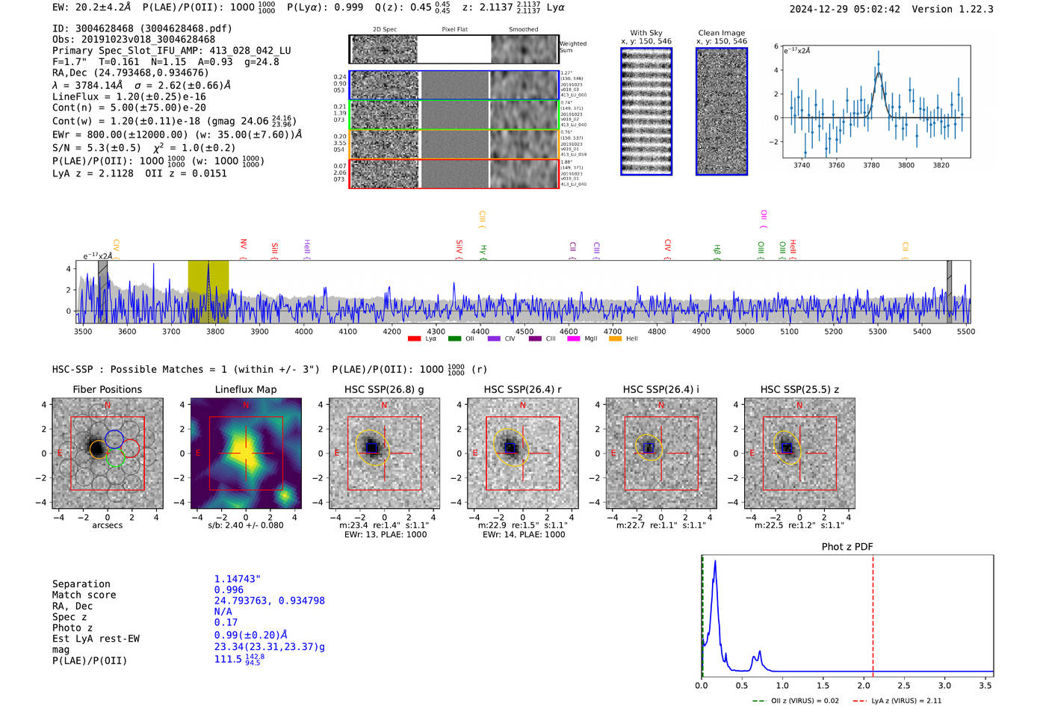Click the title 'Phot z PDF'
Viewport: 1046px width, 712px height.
point(847,546)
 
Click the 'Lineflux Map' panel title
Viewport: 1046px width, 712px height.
point(245,389)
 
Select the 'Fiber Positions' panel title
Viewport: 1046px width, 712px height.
point(107,389)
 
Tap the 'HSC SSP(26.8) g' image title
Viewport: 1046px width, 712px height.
point(383,389)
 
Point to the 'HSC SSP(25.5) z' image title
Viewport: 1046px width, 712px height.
point(799,389)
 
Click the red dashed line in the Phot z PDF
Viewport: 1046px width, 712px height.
point(872,613)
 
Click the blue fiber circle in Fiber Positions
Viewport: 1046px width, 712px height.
point(114,439)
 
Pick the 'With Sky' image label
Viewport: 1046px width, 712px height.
point(646,33)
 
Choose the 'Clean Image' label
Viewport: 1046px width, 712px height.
point(721,33)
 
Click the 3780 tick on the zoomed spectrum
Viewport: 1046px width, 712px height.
point(871,165)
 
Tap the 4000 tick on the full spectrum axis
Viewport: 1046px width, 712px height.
point(303,331)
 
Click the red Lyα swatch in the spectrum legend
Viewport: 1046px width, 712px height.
point(415,339)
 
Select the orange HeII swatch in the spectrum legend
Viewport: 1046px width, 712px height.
point(615,339)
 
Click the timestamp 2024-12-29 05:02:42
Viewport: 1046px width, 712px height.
point(844,9)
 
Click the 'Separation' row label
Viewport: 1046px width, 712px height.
point(81,583)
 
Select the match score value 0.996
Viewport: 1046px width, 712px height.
point(229,589)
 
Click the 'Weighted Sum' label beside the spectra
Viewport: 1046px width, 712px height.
point(572,47)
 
